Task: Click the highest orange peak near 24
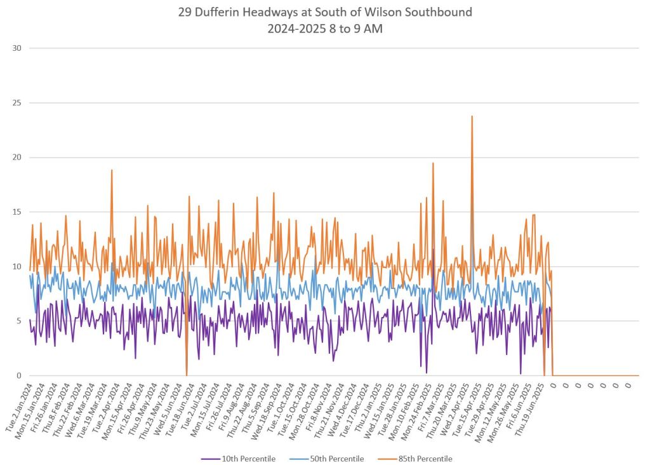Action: click(472, 116)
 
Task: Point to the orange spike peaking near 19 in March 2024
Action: click(112, 170)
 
